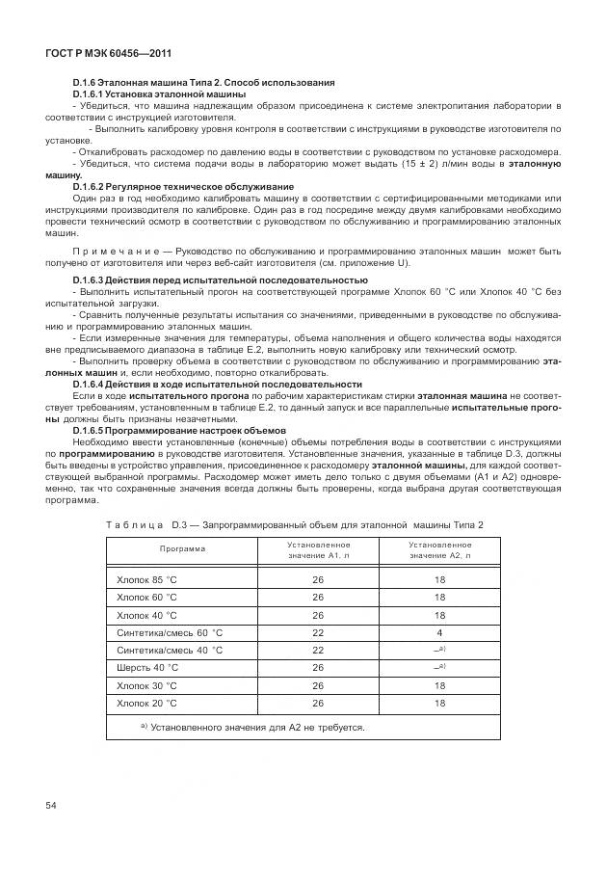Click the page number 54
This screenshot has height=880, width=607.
(x=52, y=805)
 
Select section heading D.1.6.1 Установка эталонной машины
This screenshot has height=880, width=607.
(x=159, y=94)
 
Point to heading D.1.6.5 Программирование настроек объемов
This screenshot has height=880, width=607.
(x=178, y=430)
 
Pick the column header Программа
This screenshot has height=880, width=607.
(x=182, y=548)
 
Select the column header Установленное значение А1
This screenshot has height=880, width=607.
(x=317, y=549)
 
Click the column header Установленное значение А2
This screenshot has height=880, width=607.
(x=439, y=549)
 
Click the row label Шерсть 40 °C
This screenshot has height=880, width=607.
(x=147, y=667)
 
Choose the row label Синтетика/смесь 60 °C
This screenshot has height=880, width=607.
(x=169, y=632)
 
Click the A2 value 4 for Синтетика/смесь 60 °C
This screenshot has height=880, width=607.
(x=439, y=632)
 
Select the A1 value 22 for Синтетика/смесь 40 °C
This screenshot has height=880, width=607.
(x=317, y=650)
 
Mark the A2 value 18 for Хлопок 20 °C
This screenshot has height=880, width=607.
(x=439, y=703)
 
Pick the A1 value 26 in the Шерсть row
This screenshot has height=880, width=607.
(x=317, y=667)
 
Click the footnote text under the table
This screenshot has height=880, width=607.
(x=252, y=727)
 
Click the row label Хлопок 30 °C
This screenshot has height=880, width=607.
(x=147, y=685)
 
